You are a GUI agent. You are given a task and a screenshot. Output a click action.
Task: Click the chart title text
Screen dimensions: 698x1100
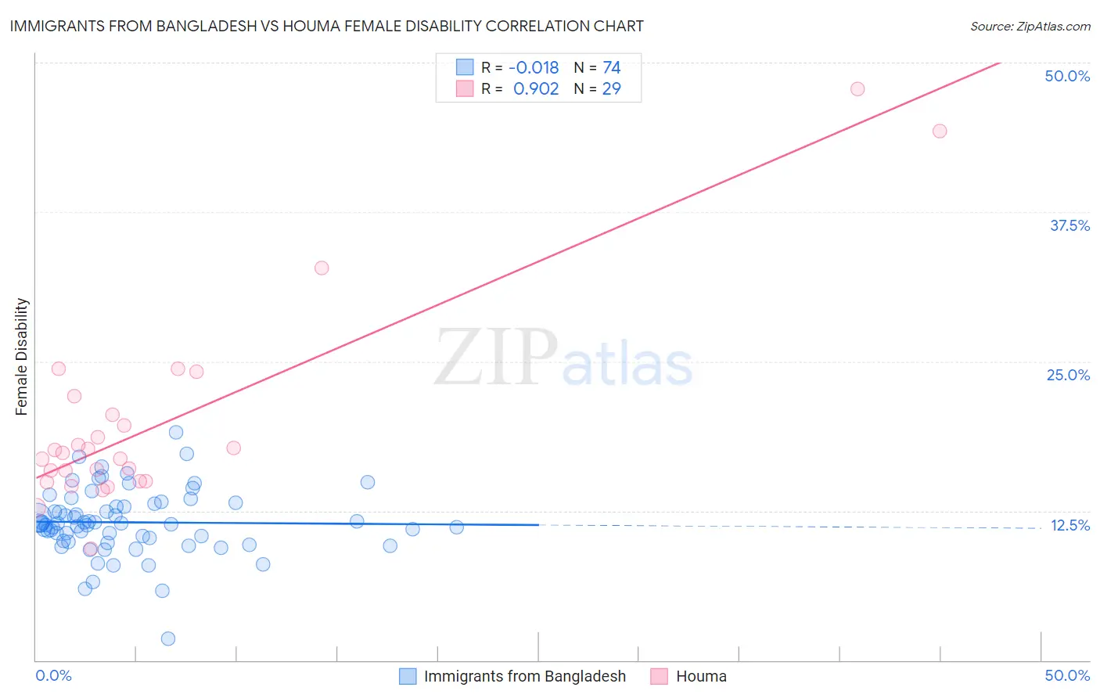(x=327, y=26)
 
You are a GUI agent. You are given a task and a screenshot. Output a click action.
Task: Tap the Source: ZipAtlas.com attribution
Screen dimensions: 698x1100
(x=1030, y=26)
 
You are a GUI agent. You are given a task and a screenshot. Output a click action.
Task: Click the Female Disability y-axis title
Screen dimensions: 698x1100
(x=22, y=356)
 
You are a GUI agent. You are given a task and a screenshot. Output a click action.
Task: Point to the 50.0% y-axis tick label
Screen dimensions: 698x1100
(x=1067, y=76)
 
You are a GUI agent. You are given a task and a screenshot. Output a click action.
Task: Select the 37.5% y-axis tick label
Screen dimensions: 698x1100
(x=1069, y=225)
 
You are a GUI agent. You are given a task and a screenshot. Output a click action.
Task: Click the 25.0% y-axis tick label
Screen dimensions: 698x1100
(x=1068, y=375)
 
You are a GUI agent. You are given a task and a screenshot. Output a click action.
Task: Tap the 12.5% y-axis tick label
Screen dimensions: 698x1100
(x=1069, y=525)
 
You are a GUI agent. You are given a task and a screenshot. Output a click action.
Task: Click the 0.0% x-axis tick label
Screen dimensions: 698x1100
(x=53, y=675)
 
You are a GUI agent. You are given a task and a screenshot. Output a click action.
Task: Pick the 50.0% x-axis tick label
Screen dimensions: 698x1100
(x=1067, y=675)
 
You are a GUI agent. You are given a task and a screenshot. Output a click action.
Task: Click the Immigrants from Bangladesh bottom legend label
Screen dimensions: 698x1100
(x=524, y=676)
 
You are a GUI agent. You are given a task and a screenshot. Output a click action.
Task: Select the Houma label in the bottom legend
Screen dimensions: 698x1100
(x=701, y=676)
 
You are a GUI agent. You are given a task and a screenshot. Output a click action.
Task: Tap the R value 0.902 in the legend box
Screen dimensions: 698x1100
(x=536, y=89)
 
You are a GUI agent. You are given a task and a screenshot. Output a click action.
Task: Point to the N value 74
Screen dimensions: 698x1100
(x=612, y=68)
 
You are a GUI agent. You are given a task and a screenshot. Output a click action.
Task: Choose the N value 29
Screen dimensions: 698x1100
(x=612, y=89)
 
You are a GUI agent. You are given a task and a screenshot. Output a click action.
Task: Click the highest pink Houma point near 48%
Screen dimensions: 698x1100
(x=857, y=89)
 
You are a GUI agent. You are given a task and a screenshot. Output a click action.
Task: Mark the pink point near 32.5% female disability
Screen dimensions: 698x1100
(x=322, y=268)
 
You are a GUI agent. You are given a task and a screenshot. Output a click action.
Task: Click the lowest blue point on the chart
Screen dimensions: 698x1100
(x=167, y=639)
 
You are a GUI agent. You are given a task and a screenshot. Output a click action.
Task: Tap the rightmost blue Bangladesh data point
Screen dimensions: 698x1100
(x=457, y=527)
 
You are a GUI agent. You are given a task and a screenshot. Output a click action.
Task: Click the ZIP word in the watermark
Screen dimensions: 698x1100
(x=496, y=357)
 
